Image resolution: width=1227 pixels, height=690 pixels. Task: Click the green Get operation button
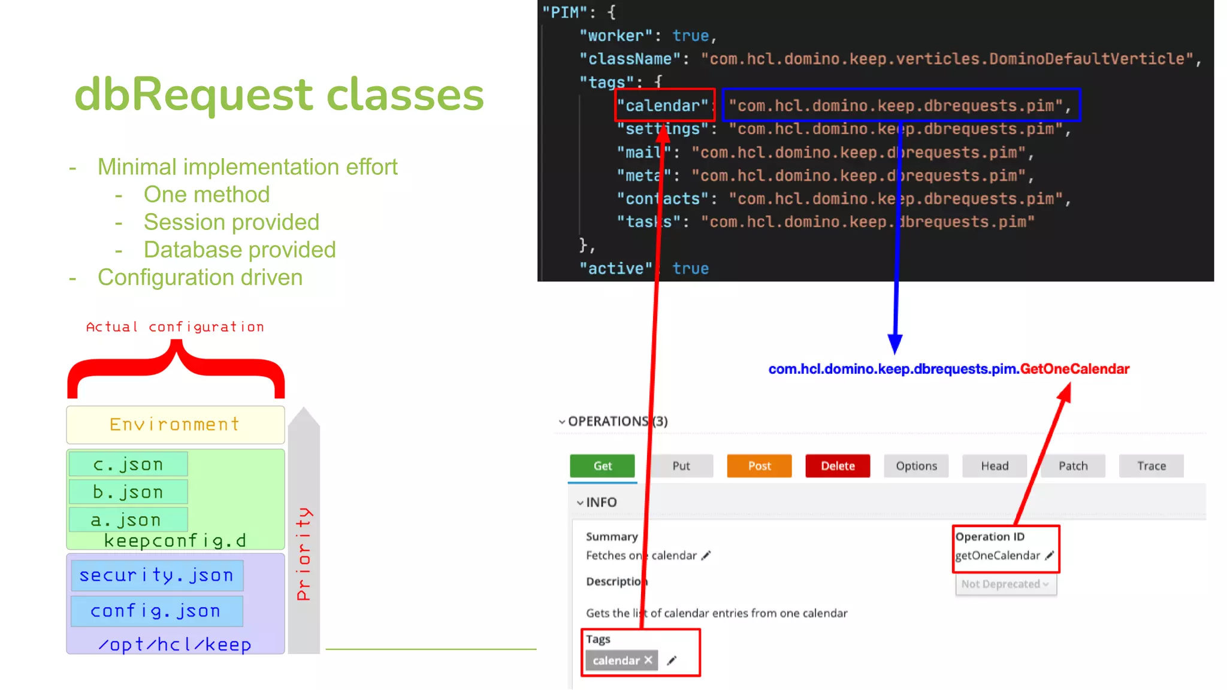[602, 466]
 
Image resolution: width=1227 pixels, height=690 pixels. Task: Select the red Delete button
[837, 466]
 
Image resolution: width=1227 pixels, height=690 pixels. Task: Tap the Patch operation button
[1072, 466]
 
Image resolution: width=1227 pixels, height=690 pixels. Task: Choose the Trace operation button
[1151, 466]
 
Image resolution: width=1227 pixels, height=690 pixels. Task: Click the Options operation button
[916, 466]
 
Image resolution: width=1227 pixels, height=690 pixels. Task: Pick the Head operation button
[995, 466]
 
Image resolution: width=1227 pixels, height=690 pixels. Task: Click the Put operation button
[681, 466]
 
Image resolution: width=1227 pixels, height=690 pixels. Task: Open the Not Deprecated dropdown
[1005, 584]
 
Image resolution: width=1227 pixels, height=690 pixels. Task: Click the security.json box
[157, 575]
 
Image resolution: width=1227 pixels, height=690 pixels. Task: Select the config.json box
[156, 610]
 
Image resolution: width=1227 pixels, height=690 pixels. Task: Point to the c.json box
[128, 464]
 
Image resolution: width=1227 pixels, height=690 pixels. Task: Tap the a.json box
[128, 519]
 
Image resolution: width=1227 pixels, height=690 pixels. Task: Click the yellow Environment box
[175, 424]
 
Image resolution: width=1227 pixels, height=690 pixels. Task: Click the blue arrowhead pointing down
[895, 344]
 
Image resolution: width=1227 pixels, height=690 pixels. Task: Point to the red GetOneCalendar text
[1075, 369]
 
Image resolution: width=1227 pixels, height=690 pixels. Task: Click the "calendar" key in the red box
[663, 106]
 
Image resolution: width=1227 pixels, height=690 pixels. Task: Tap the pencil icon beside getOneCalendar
[1049, 556]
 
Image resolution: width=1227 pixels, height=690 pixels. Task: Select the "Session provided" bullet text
[231, 222]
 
